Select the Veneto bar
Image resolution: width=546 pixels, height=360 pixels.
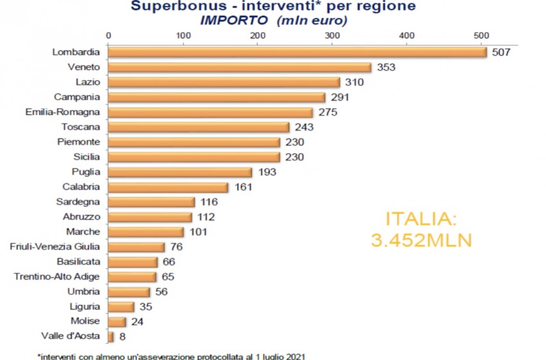239,67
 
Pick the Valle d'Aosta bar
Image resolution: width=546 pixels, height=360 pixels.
111,336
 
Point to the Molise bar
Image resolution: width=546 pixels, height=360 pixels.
117,321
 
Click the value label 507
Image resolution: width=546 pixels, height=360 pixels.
500,53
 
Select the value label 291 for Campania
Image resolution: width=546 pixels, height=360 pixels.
338,98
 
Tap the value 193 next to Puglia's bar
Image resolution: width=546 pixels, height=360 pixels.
265,172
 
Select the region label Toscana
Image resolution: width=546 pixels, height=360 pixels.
82,127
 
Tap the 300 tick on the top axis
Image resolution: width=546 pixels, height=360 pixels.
332,35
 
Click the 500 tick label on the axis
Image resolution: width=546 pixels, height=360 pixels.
481,35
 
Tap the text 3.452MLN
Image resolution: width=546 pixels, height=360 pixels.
421,240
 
